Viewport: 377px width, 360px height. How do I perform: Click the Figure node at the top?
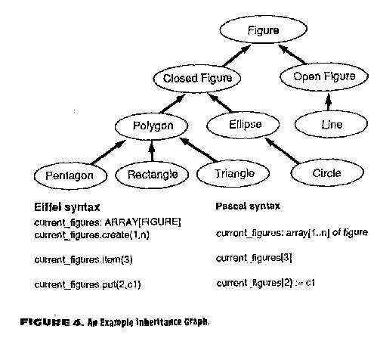tap(263, 29)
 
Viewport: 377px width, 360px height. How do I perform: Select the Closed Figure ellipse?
tap(197, 78)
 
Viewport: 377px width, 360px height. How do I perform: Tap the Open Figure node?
tap(324, 76)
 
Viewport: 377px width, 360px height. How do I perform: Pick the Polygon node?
tap(152, 126)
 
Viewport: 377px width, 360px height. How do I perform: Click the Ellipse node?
tap(243, 125)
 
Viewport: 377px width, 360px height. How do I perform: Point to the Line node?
tap(331, 124)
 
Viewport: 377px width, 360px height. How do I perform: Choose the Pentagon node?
tap(70, 175)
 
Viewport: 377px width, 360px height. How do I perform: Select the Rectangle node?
tap(152, 175)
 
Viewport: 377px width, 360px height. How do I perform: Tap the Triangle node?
tap(233, 173)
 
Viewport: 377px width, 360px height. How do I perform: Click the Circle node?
tap(327, 173)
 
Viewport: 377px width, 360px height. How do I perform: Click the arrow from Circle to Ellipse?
tap(282, 151)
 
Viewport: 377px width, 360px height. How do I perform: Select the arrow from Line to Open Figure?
tap(328, 102)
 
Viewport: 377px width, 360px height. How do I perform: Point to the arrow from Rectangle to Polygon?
tap(151, 151)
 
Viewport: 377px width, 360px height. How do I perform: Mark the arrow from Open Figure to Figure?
tap(292, 54)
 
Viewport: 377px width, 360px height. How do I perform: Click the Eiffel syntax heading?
tap(67, 207)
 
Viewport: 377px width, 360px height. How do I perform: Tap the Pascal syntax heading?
tap(248, 206)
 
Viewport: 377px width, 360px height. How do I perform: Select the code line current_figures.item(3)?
tap(83, 259)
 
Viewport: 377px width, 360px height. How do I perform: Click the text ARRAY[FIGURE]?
tap(143, 222)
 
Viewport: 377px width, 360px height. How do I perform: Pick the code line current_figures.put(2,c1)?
tap(88, 284)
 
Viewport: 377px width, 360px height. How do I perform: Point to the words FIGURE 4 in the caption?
tap(51, 322)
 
